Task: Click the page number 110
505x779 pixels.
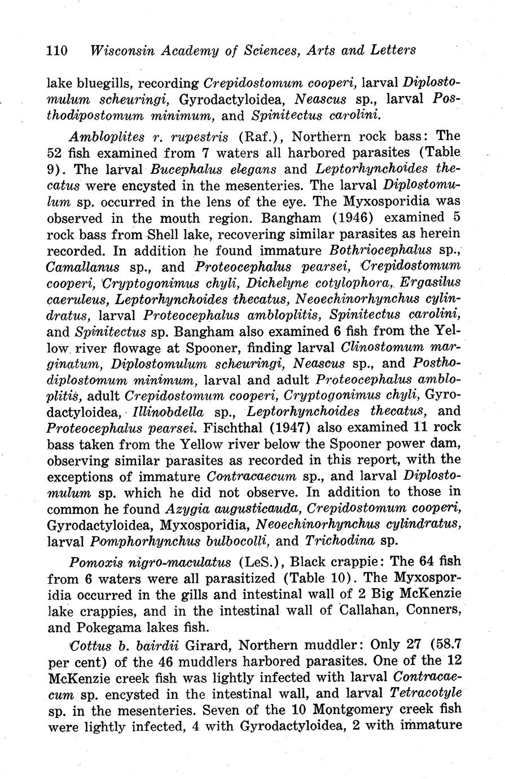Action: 57,50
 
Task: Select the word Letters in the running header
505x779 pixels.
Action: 393,50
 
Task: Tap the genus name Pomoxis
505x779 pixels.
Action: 91,562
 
